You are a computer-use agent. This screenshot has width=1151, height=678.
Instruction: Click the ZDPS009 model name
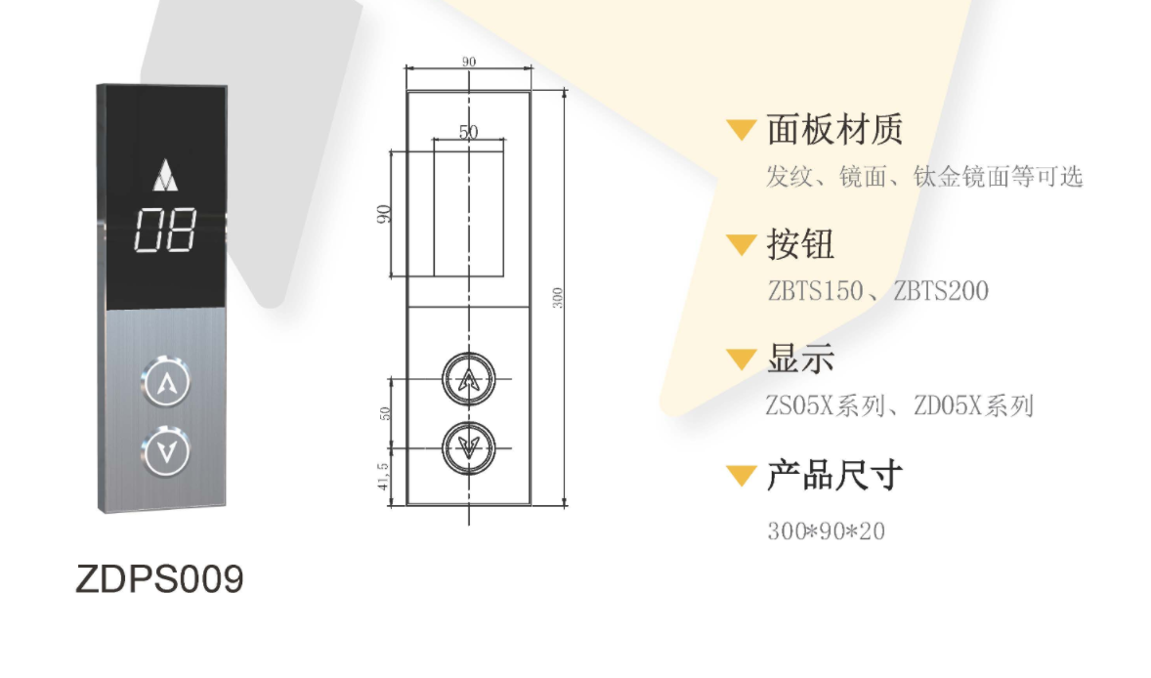coord(159,579)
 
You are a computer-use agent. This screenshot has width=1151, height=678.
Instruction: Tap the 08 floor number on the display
coord(165,231)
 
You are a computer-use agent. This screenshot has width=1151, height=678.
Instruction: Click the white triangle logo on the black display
coord(166,176)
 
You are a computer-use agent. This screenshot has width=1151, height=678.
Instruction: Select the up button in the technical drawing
coord(468,379)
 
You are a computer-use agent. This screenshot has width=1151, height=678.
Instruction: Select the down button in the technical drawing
coord(468,447)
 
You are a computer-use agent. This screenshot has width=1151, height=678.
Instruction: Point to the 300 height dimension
coord(557,298)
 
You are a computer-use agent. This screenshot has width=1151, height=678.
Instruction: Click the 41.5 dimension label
coord(382,476)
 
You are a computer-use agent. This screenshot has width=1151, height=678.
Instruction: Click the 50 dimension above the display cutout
coord(468,131)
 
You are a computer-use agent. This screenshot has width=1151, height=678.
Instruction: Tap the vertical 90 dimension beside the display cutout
coord(382,214)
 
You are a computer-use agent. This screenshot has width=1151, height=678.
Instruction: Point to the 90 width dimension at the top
coord(468,62)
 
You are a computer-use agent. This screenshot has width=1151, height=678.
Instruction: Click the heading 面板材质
coord(834,130)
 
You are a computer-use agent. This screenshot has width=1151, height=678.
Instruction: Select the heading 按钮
coord(800,244)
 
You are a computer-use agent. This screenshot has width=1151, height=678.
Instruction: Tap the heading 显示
coord(800,359)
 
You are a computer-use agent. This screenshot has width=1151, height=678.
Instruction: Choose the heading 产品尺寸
coord(834,475)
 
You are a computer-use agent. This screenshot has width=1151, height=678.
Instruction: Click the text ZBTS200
coord(941,291)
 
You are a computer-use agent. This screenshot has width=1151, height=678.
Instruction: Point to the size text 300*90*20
coord(827,531)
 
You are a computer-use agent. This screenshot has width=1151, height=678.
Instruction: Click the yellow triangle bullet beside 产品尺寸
coord(742,476)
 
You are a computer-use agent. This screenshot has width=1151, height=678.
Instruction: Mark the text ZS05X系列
coord(825,405)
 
